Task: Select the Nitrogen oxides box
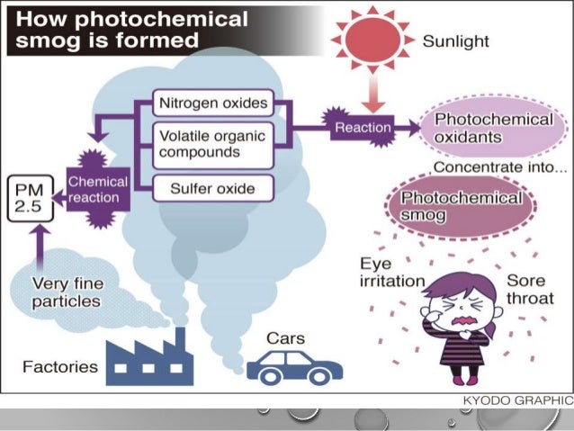tap(212, 103)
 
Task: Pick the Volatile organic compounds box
tap(212, 145)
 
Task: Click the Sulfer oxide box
tap(212, 189)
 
